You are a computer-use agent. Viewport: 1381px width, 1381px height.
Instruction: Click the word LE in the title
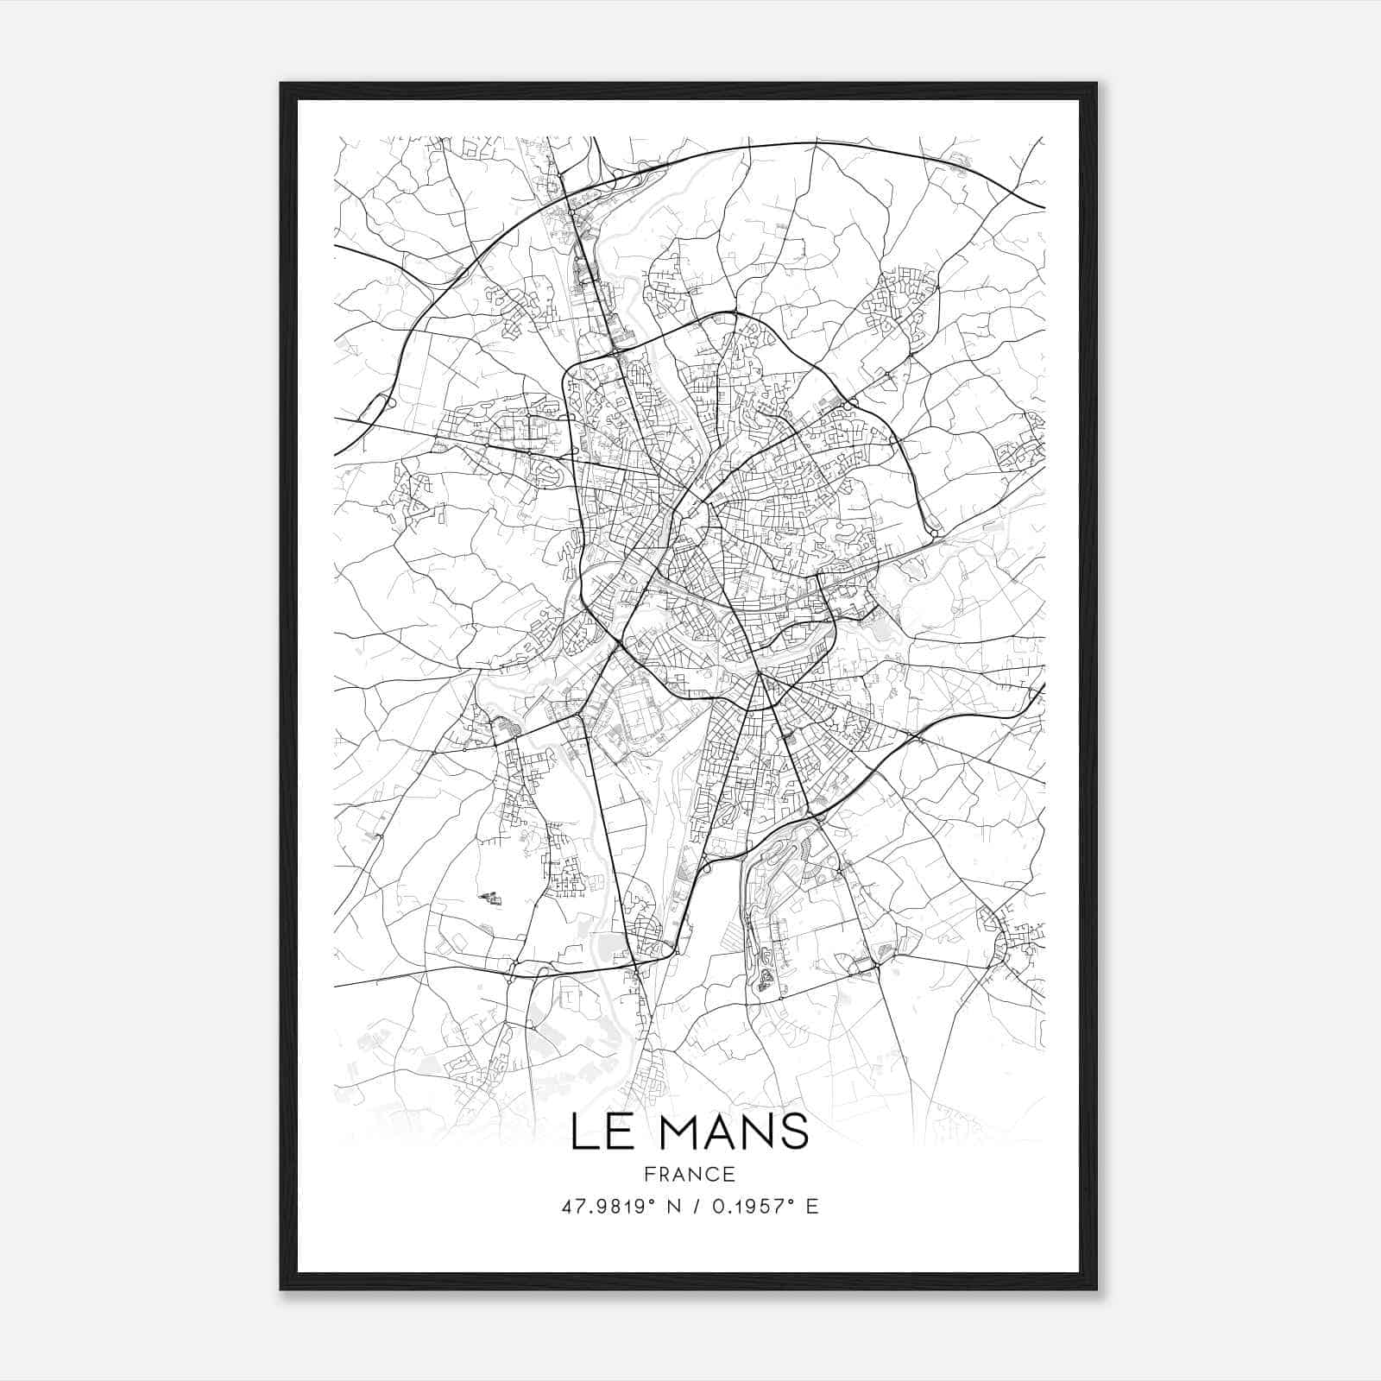point(605,1132)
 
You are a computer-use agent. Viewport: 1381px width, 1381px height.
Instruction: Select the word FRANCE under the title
point(690,1174)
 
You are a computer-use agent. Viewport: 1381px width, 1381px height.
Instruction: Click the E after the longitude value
point(811,1207)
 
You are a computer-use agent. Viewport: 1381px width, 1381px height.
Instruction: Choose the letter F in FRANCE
point(647,1174)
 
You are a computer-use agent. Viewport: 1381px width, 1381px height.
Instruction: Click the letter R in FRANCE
point(663,1174)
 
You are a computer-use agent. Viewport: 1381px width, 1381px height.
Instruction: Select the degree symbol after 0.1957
point(793,1201)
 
